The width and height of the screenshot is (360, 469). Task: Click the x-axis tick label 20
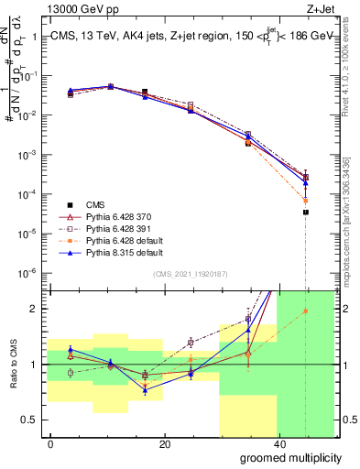click(x=164, y=444)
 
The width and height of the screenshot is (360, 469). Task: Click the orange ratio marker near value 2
click(x=306, y=311)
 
